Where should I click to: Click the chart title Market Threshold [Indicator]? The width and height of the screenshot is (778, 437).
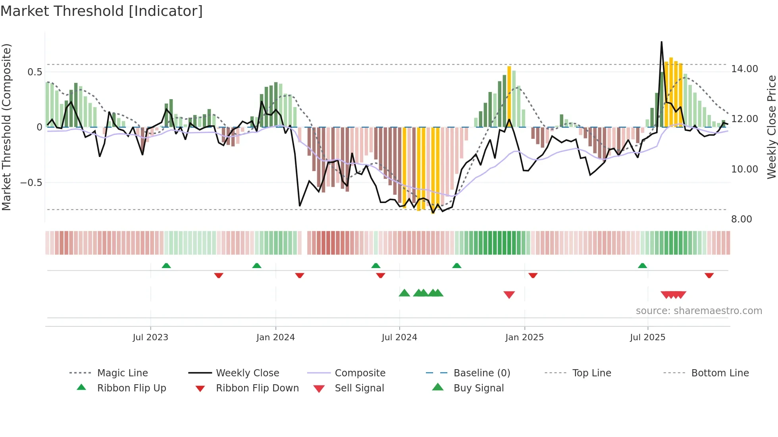pos(102,11)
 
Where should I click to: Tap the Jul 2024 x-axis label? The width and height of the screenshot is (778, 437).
pos(399,337)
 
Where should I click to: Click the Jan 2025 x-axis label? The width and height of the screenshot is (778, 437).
pos(524,337)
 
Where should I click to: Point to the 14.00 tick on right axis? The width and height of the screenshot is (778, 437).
pos(745,69)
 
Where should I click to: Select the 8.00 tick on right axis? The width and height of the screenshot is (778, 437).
pos(741,219)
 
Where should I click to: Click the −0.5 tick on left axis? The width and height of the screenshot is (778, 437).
pos(31,183)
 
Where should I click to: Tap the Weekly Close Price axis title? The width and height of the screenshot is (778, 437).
pos(771,127)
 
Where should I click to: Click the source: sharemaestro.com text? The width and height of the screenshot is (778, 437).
pos(699,311)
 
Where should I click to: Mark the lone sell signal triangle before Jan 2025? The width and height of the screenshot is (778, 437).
pos(509,294)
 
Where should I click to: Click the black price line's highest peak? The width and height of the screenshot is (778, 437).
pos(661,42)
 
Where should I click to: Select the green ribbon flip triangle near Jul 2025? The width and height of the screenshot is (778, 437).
pos(642,266)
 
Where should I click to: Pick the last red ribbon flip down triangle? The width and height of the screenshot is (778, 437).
pos(709,275)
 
